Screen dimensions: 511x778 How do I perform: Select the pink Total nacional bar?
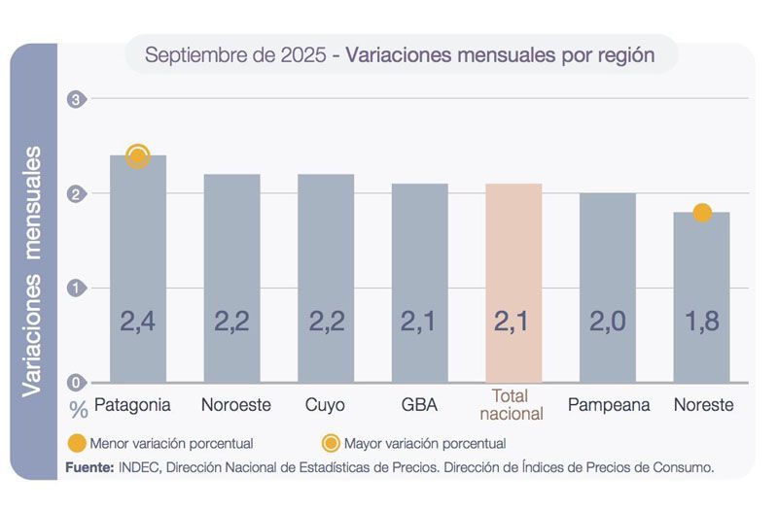tap(513, 282)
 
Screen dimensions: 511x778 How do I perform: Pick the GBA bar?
tap(420, 282)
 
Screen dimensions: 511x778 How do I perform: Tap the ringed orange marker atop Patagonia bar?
tap(138, 155)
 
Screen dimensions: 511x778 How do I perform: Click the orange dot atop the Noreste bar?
tap(702, 212)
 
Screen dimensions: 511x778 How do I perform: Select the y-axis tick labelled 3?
tap(77, 99)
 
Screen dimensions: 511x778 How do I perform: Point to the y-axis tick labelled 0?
tap(77, 383)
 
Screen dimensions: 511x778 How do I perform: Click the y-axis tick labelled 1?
tap(77, 289)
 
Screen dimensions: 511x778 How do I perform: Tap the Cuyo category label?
tap(325, 404)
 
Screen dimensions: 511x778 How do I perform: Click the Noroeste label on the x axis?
tap(235, 404)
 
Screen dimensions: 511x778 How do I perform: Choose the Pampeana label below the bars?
tap(610, 404)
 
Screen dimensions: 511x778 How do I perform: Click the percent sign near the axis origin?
tap(78, 408)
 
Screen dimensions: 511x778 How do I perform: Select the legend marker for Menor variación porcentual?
tap(76, 443)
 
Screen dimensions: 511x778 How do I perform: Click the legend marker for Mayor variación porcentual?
tap(331, 443)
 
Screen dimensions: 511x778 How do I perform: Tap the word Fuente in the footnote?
tap(89, 467)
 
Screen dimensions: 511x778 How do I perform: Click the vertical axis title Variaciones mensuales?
tap(33, 272)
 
